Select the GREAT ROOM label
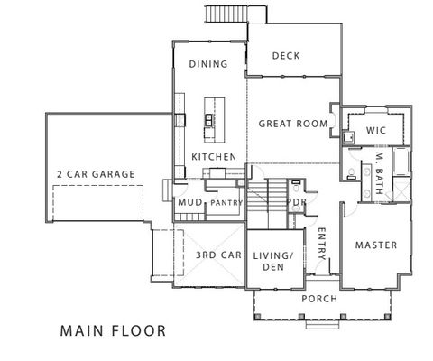coord(290,123)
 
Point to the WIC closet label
coord(376,131)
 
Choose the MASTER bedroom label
coord(375,245)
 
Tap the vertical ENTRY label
coord(322,243)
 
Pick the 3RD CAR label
coord(217,255)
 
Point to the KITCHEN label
coord(214,157)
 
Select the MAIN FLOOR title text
coord(113,330)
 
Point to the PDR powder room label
coord(295,202)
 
